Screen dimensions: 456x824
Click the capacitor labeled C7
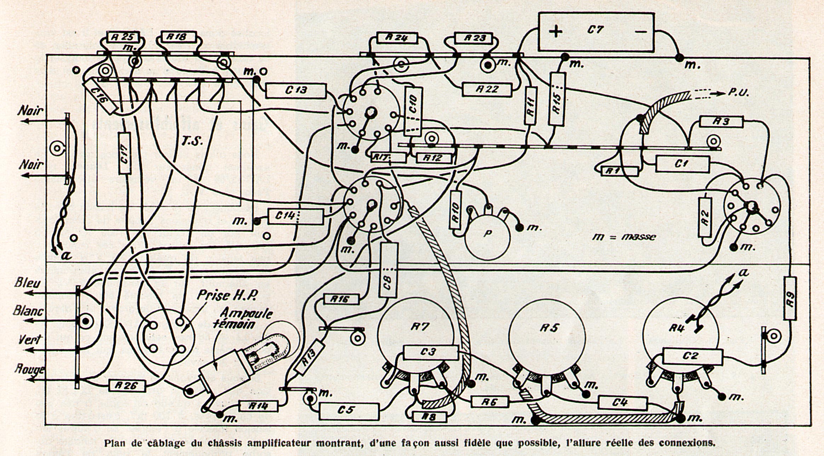[596, 32]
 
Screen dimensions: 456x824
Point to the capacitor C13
[295, 91]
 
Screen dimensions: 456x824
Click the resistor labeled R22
[487, 90]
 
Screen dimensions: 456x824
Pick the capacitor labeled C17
[123, 153]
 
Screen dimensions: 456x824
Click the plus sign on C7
[556, 32]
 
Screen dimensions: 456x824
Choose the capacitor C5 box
[349, 411]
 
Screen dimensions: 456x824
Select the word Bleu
[27, 283]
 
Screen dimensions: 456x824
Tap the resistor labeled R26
[127, 386]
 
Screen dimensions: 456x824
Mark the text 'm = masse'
[623, 237]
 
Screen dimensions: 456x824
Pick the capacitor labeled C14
[295, 216]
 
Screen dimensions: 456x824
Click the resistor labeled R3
[721, 122]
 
